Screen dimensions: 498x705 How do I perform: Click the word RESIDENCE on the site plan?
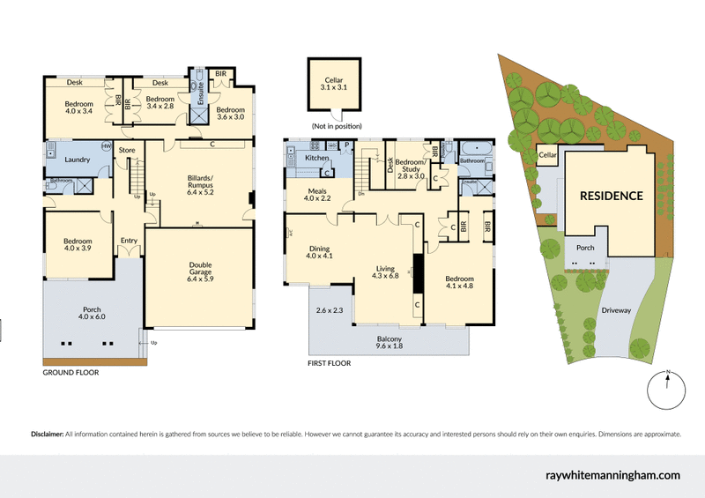(611, 196)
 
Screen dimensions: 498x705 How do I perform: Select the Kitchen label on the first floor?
(316, 158)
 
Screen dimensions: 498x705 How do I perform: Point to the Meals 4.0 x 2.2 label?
(317, 195)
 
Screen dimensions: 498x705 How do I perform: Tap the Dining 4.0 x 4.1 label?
(319, 252)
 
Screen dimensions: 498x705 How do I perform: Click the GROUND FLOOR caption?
(70, 373)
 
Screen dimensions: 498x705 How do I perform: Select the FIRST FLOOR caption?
(330, 362)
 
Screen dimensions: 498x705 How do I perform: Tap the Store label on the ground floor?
(127, 151)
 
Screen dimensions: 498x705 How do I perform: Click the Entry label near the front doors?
(130, 241)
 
